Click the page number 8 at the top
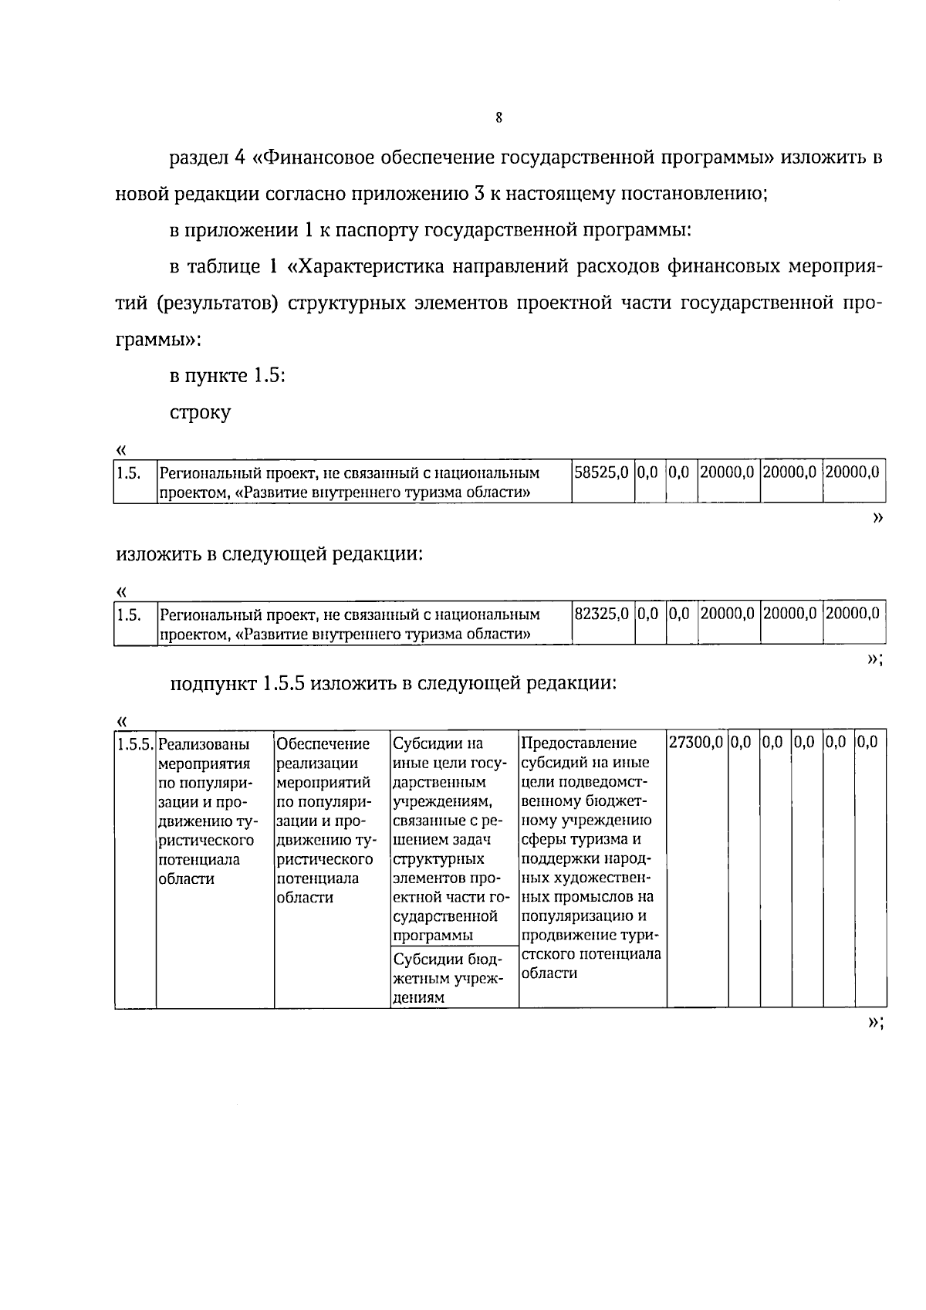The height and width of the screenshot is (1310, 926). pyautogui.click(x=498, y=117)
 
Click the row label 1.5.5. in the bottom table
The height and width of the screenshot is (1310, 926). pyautogui.click(x=135, y=744)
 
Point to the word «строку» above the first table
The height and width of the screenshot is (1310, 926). pyautogui.click(x=200, y=412)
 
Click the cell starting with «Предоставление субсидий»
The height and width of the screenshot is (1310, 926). pyautogui.click(x=590, y=857)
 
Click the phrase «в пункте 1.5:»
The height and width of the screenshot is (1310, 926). pyautogui.click(x=228, y=376)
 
